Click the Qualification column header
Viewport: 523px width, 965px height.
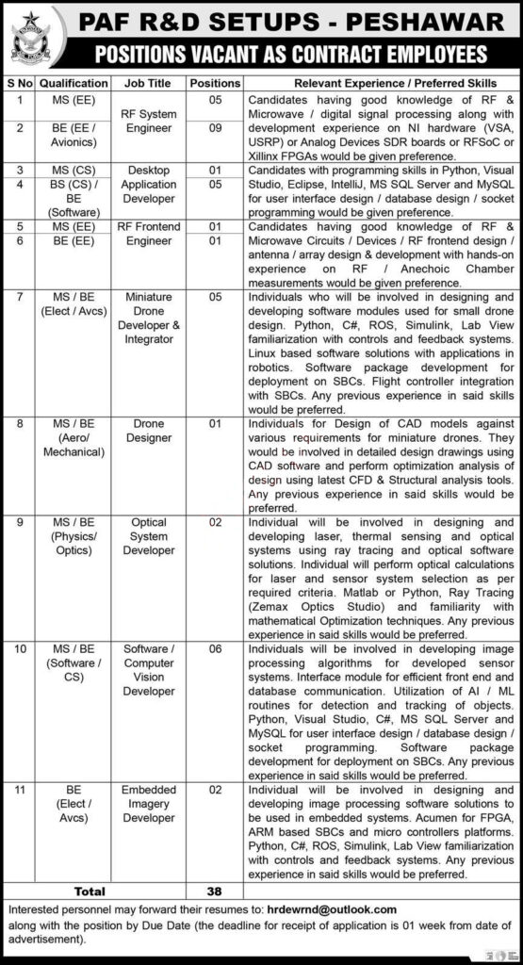[x=74, y=83]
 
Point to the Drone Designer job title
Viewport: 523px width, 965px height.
[x=149, y=431]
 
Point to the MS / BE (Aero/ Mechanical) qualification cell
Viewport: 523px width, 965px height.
[x=74, y=438]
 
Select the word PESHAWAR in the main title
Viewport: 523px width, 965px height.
[x=418, y=21]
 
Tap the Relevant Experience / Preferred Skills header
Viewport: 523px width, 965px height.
[x=381, y=83]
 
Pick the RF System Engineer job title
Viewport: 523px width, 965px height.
[x=149, y=122]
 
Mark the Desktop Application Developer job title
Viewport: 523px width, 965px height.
[x=149, y=184]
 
